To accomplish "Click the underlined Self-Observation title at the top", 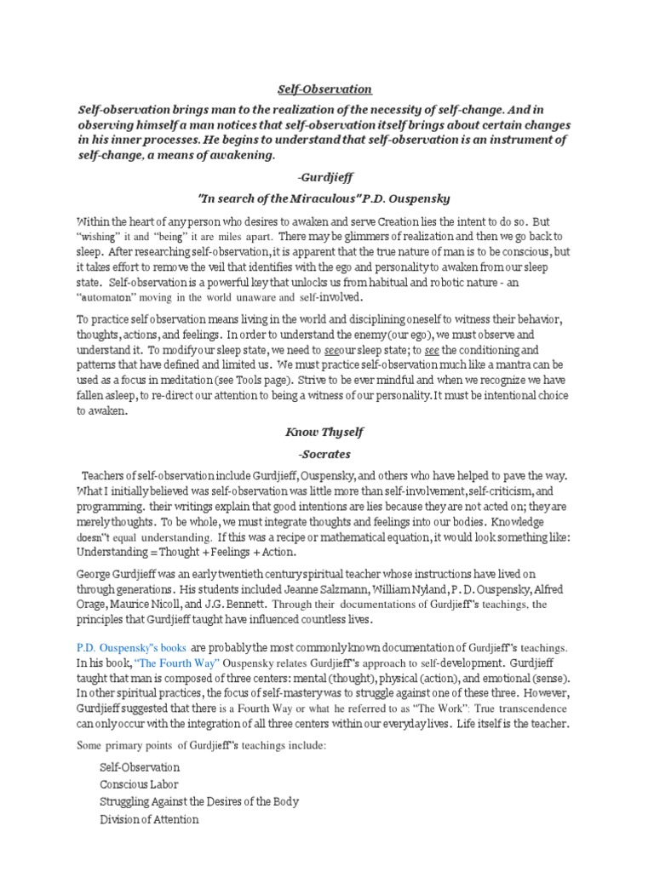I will (x=326, y=89).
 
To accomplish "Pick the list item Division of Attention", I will (x=149, y=819).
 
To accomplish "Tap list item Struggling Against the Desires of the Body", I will (x=198, y=801).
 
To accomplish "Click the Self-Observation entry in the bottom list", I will (x=140, y=767).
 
